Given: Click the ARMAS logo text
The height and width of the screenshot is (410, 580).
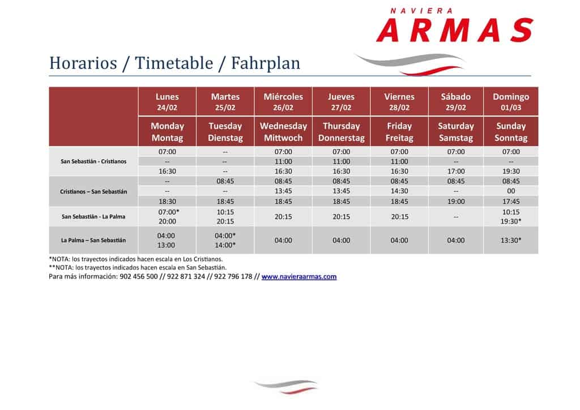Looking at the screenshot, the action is tap(455, 30).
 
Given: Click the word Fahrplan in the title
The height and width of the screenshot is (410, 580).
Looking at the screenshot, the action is tap(266, 63).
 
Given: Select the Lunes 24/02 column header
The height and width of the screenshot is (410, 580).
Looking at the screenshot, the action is tap(167, 102).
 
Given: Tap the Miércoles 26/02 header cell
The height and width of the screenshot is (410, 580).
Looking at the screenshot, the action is tap(283, 102).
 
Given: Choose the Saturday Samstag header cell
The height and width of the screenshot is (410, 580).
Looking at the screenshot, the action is tap(456, 131).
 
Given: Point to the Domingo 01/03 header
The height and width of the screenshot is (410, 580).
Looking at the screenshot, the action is tap(511, 102).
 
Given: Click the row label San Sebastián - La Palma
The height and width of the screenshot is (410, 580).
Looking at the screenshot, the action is tap(93, 217).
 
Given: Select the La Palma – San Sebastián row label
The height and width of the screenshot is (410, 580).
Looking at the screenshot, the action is tap(93, 240).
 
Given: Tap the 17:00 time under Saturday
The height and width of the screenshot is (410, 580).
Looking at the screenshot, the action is tap(456, 171).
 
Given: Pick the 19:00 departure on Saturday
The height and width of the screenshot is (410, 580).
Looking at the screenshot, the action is tap(456, 202).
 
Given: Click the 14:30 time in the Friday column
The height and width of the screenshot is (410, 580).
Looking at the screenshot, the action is tap(399, 191).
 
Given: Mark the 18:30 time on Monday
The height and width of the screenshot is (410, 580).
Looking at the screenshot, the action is tap(167, 202).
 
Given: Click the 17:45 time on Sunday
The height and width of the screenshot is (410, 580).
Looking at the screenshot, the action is tap(511, 202).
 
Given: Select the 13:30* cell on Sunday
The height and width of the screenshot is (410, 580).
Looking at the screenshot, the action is tap(511, 240).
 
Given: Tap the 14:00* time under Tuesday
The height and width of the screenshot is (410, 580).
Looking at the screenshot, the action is tap(225, 245).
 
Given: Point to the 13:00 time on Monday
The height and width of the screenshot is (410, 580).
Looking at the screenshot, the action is tap(166, 245).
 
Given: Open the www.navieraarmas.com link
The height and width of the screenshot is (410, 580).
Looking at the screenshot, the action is tap(299, 276).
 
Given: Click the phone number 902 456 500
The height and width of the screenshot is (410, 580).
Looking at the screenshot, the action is tap(139, 276).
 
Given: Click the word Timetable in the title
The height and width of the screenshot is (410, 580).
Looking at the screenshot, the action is tap(174, 63).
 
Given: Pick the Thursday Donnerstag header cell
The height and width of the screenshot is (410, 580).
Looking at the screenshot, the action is tap(342, 131).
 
